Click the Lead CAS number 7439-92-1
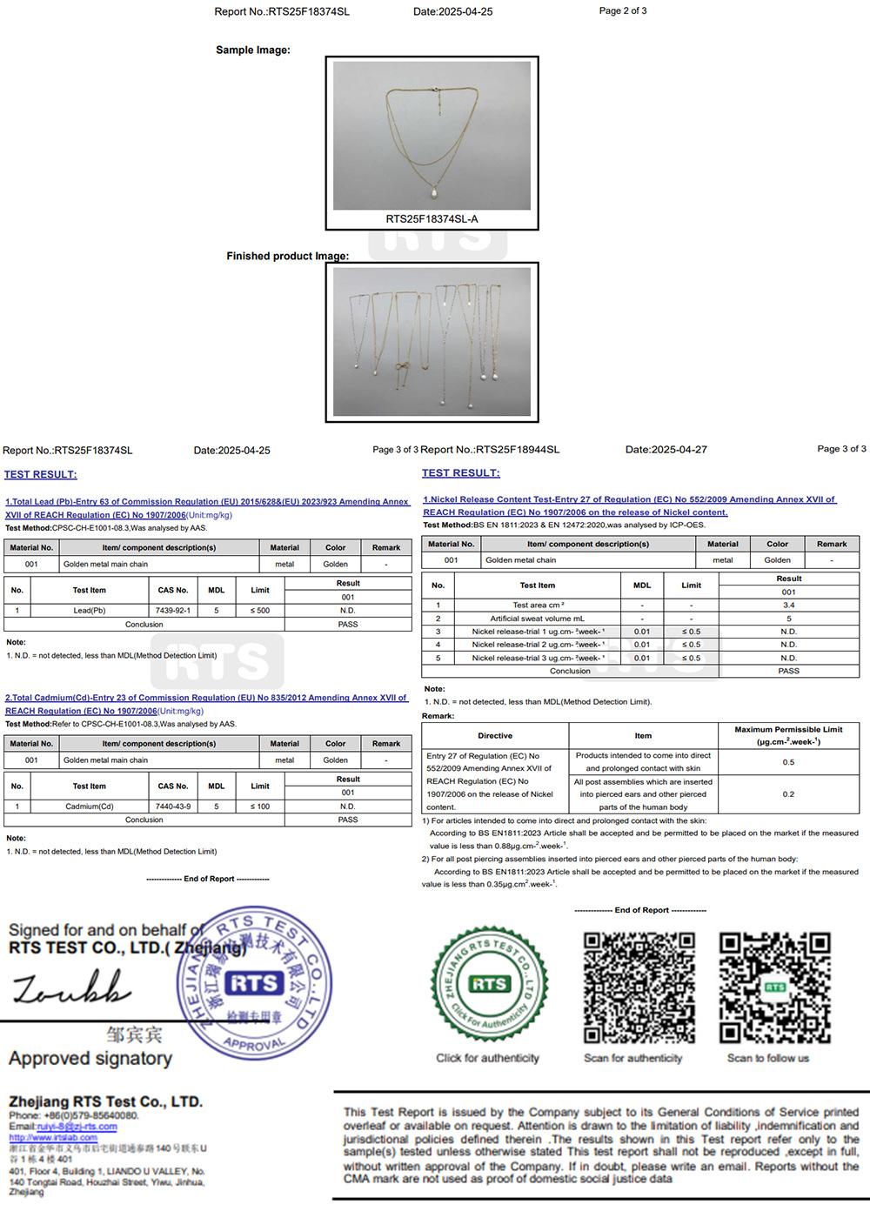click(x=172, y=611)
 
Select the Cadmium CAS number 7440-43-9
click(x=172, y=806)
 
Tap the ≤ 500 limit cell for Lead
click(x=260, y=611)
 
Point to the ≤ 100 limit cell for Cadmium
click(x=260, y=806)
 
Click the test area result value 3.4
click(x=788, y=605)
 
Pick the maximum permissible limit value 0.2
click(x=788, y=794)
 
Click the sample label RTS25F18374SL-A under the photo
click(x=432, y=219)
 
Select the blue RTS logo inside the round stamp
click(x=254, y=984)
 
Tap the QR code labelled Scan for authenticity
click(x=639, y=987)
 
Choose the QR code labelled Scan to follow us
click(x=774, y=987)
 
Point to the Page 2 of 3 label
click(x=623, y=11)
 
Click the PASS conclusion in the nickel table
click(x=788, y=671)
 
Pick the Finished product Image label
click(x=287, y=257)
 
